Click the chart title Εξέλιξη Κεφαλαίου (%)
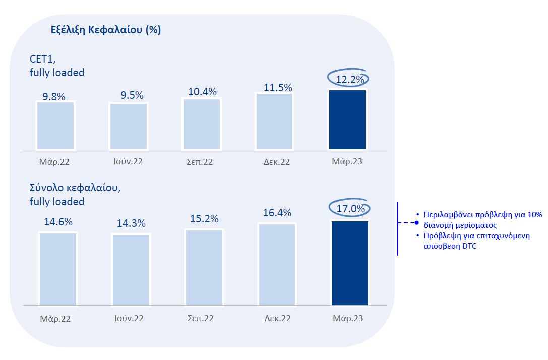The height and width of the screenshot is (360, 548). (x=106, y=30)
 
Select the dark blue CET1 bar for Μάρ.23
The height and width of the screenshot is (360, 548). (x=347, y=119)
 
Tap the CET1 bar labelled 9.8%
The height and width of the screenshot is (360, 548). (x=55, y=126)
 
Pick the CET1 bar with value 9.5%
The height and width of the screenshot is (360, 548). (x=129, y=126)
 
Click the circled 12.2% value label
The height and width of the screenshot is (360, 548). (x=348, y=79)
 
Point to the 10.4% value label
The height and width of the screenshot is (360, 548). (x=202, y=92)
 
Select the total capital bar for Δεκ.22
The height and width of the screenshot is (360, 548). (x=277, y=264)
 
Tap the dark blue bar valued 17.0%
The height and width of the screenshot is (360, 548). (x=350, y=263)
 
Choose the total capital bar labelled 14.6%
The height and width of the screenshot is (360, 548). (x=58, y=269)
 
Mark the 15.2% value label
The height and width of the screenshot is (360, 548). (x=204, y=219)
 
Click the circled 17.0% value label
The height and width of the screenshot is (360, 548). (x=350, y=208)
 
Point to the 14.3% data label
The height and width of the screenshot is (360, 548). (x=131, y=223)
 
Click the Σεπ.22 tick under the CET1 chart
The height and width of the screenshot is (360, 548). (x=201, y=162)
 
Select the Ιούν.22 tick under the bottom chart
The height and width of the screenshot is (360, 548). (x=129, y=319)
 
